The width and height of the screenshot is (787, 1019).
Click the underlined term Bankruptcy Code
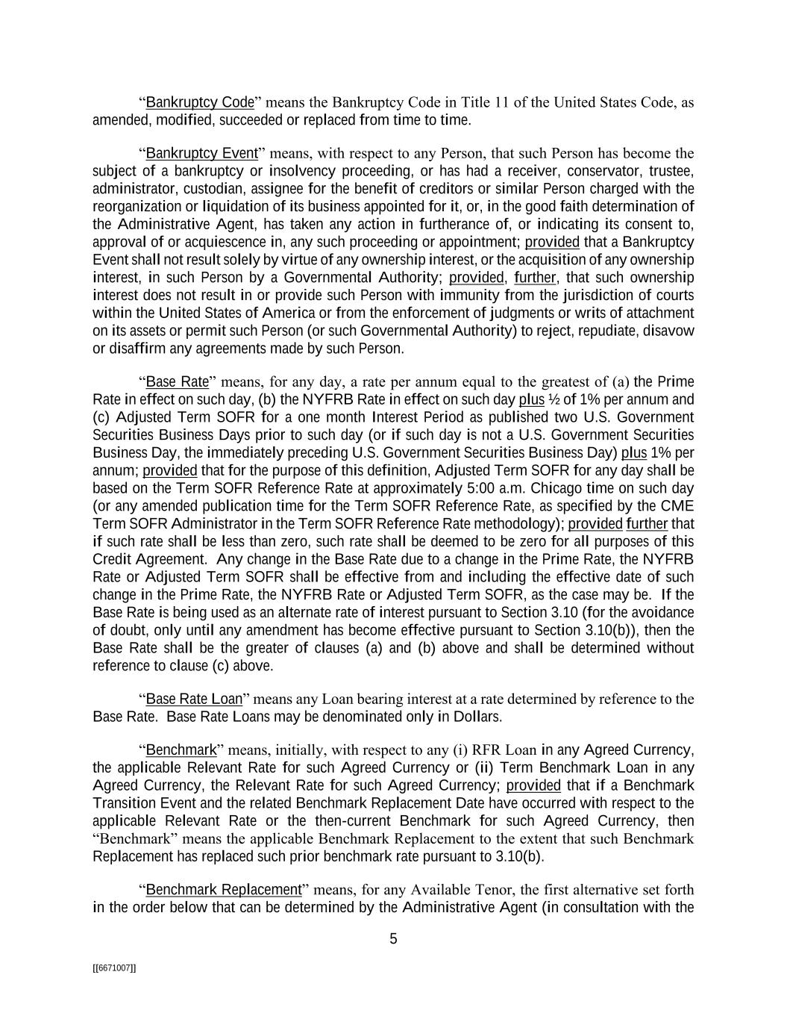coord(200,102)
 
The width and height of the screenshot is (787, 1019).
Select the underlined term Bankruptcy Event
coord(201,154)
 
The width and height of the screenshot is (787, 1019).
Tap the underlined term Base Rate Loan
coord(194,699)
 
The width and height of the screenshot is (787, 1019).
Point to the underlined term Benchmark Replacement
coord(224,890)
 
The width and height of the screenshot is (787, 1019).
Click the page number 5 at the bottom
coord(393,939)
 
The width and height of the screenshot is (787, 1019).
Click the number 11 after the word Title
coord(497,102)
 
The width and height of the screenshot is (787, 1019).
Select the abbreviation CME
coord(680,506)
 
